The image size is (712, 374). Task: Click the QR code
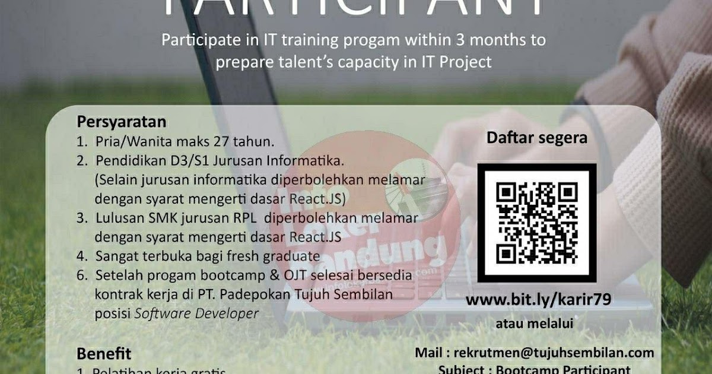click(537, 222)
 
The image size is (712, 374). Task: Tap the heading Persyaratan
click(122, 122)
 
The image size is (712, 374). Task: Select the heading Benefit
click(104, 354)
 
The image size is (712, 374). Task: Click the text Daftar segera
click(537, 138)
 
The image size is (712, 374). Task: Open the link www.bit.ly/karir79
click(538, 300)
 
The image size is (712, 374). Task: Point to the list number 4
click(81, 256)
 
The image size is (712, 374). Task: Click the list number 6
click(81, 275)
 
